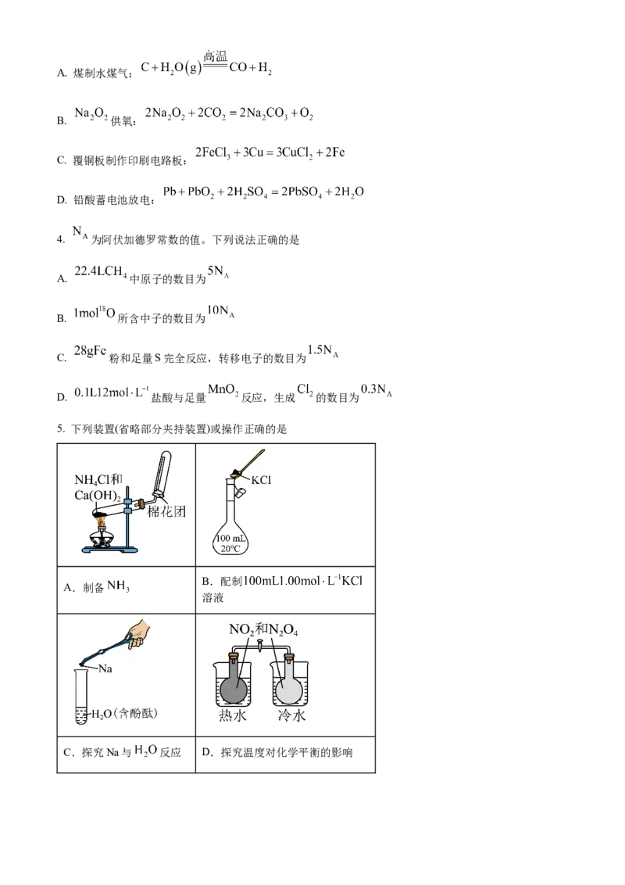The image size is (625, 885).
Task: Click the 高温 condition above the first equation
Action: point(216,56)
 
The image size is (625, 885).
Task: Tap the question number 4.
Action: point(60,240)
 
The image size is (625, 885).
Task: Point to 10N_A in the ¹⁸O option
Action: point(220,311)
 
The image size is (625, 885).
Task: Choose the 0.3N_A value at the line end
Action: point(377,390)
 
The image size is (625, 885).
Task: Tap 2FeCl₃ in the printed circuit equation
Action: point(212,153)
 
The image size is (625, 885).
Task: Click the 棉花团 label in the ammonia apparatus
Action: point(166,511)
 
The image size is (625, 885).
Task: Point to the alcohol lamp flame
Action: point(102,523)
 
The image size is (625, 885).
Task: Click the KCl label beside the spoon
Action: point(261,480)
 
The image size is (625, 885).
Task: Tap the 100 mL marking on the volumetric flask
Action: point(230,538)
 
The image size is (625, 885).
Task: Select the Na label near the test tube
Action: point(105,668)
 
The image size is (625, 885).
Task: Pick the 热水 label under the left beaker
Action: point(232,715)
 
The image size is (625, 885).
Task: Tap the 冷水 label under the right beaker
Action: point(291,715)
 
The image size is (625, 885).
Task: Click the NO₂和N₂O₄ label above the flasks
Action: point(263,630)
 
